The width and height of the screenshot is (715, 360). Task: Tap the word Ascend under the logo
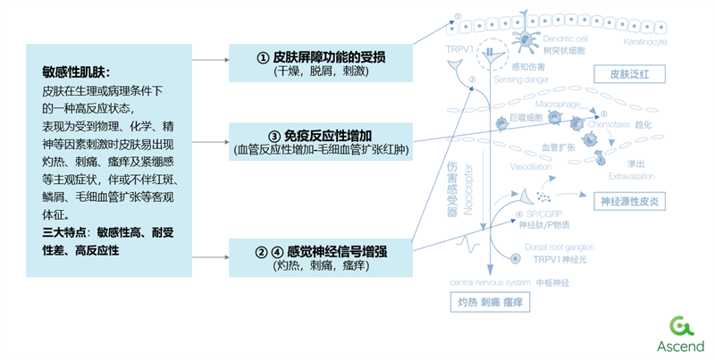(x=680, y=346)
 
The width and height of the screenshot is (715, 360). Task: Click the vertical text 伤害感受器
(x=450, y=188)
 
